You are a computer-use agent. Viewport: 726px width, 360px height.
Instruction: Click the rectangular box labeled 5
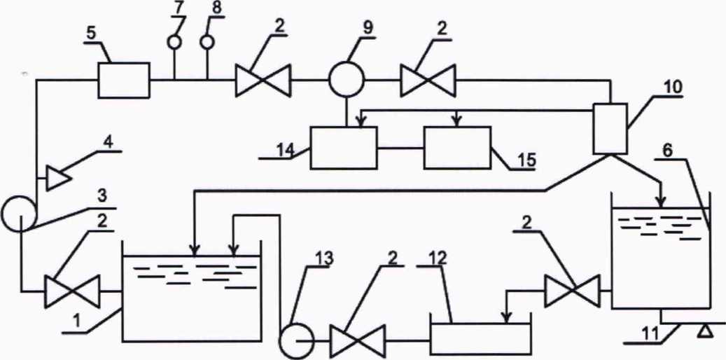click(123, 80)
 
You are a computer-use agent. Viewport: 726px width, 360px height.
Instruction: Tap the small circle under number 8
click(207, 42)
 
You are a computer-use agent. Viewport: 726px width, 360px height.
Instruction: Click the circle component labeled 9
click(346, 81)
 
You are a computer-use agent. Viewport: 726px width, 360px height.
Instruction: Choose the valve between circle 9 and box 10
click(428, 81)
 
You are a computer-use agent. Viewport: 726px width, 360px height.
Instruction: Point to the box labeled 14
click(343, 148)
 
